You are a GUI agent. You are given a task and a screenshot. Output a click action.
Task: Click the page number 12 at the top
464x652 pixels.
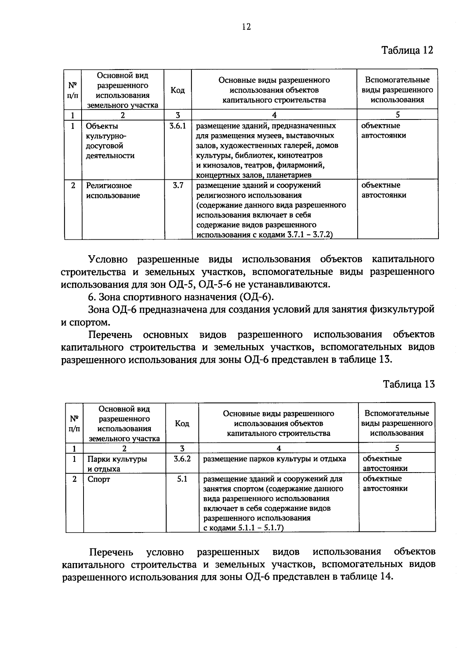point(246,27)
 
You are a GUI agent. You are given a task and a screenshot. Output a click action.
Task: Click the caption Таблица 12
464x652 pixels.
point(408,50)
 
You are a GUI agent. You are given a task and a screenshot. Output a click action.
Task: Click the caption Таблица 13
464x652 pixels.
point(409,384)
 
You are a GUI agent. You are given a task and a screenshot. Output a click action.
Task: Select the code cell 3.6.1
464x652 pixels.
point(177,126)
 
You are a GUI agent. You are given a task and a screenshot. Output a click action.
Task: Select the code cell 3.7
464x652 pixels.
point(177,186)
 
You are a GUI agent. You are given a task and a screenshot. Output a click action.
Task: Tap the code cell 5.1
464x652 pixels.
point(182,479)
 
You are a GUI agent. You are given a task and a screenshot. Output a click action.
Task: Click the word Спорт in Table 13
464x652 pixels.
point(99,480)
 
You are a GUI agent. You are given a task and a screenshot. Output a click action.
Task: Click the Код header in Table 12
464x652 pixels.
point(177,90)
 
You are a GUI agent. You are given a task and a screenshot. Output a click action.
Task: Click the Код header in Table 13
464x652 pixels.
point(182,424)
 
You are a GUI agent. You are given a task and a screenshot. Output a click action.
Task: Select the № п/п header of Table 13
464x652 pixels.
point(74,424)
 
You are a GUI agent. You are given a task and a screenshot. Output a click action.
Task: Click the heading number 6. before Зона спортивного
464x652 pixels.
point(92,297)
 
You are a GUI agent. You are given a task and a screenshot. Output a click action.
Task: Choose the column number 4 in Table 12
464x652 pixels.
point(274,115)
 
